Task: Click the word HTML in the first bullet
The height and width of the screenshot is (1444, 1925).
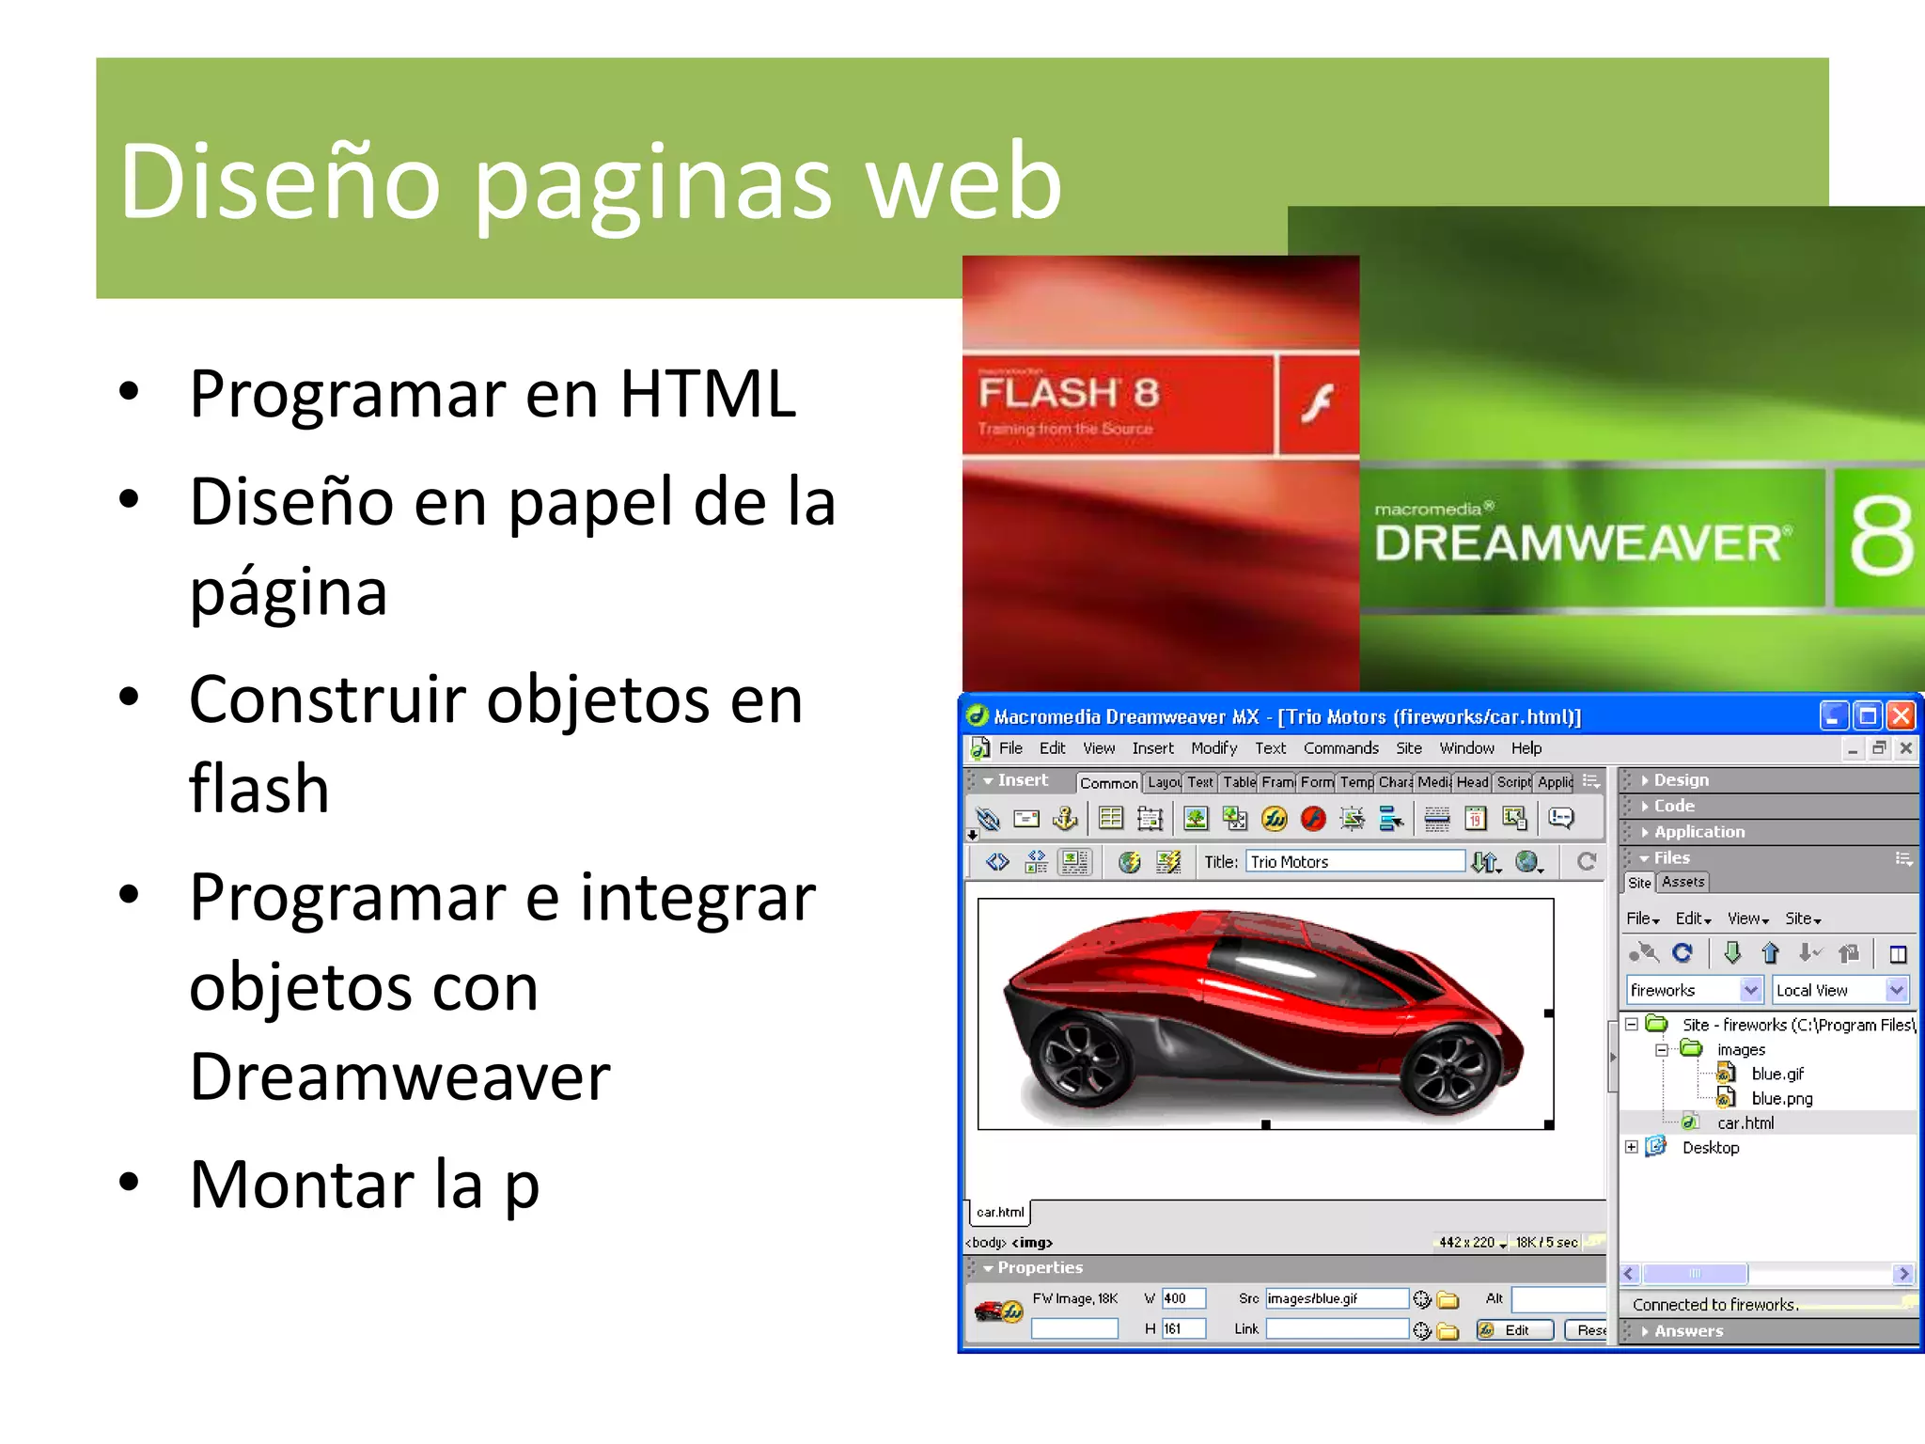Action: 707,394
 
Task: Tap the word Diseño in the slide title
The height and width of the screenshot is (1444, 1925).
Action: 279,181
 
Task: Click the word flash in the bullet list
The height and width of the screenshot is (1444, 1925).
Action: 258,788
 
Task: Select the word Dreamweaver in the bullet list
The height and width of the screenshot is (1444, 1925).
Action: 399,1076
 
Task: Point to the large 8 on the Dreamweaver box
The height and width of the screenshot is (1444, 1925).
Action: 1881,538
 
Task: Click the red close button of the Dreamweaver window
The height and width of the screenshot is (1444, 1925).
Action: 1901,716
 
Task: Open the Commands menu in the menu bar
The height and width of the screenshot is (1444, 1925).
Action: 1340,748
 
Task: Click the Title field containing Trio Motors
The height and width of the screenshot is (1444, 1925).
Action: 1354,862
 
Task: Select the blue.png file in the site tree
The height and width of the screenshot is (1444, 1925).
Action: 1781,1098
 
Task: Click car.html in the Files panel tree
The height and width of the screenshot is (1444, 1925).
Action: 1745,1122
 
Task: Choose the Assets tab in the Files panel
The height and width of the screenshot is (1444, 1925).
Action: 1682,882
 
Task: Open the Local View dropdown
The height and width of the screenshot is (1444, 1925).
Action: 1839,990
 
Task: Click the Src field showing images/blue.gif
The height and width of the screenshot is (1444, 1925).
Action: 1335,1298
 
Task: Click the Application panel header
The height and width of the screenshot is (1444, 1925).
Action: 1698,832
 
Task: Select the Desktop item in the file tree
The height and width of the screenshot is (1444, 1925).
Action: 1710,1147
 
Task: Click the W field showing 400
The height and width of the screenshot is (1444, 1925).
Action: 1182,1298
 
